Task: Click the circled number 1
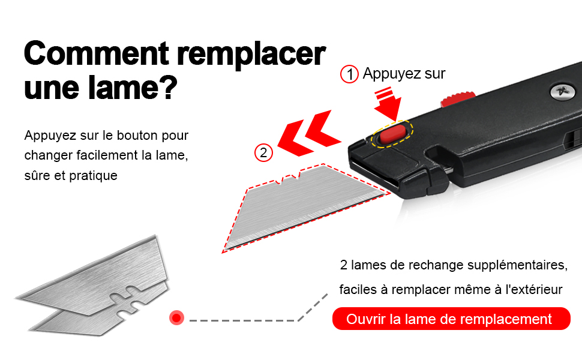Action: click(x=349, y=74)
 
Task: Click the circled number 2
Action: click(x=263, y=152)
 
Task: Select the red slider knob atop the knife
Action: click(x=458, y=99)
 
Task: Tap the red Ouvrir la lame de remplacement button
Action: click(x=451, y=319)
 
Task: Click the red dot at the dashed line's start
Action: click(x=176, y=317)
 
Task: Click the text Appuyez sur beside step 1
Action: click(x=404, y=74)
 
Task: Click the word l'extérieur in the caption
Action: click(x=534, y=290)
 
